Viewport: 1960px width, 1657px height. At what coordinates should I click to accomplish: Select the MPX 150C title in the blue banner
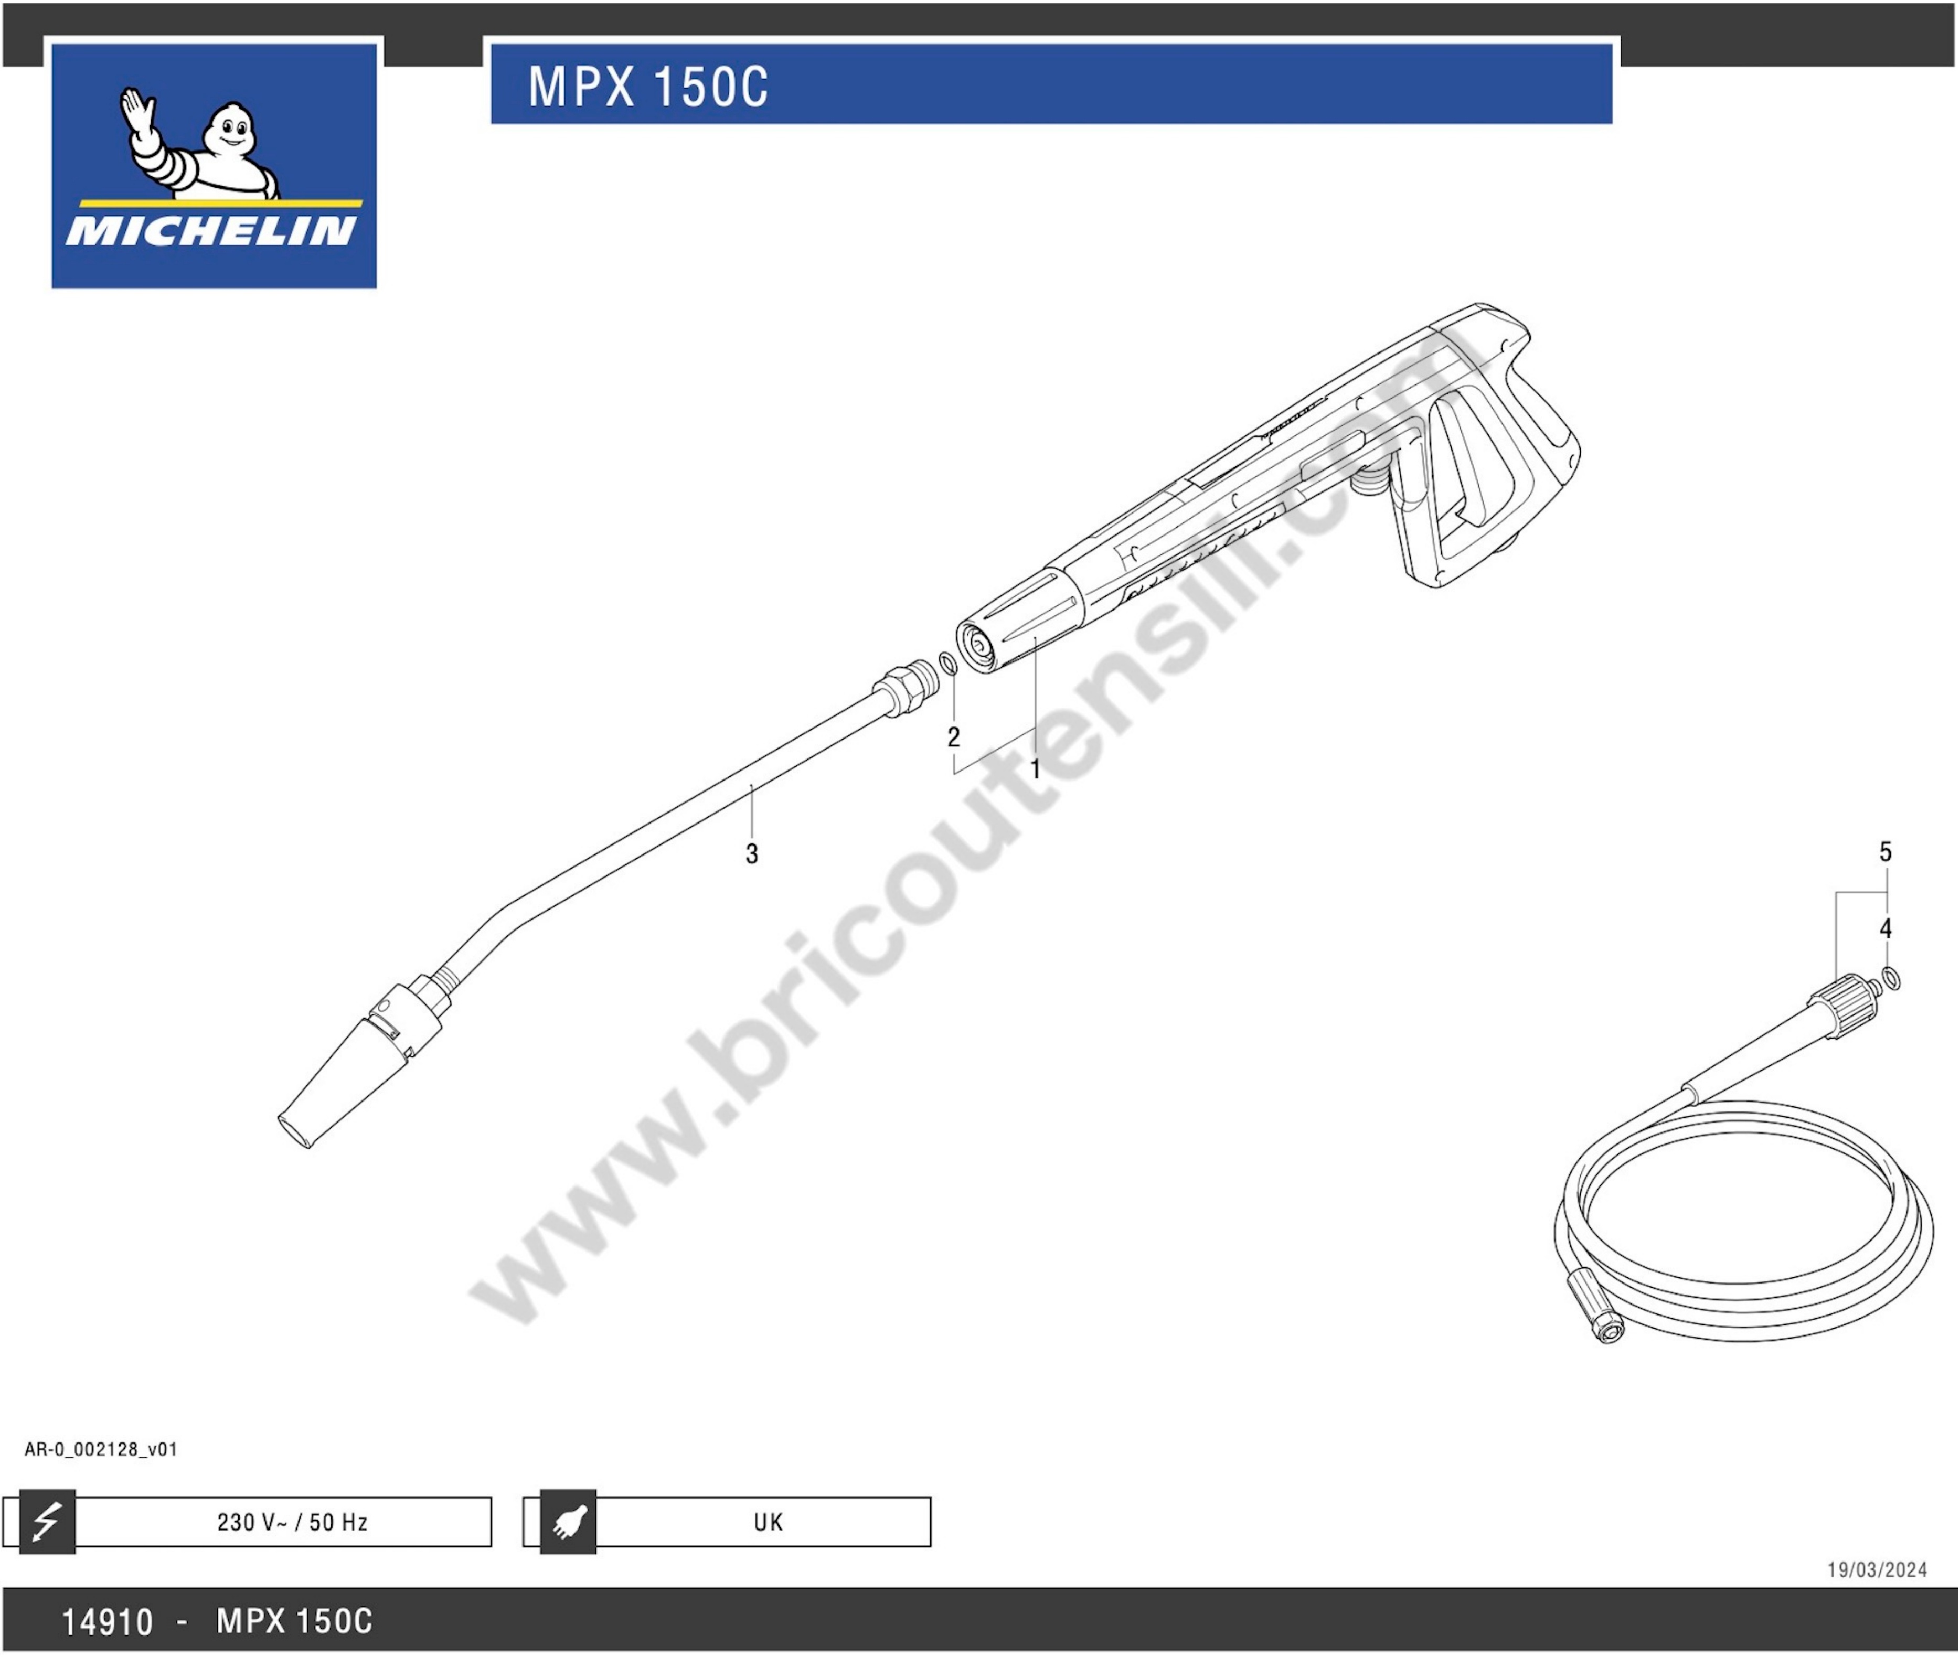[x=648, y=87]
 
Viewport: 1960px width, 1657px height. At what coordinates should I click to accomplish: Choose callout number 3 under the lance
[x=752, y=854]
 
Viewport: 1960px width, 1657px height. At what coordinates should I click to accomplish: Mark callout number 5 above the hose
[x=1886, y=852]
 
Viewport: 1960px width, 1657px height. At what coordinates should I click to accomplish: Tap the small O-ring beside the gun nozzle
[x=948, y=662]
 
